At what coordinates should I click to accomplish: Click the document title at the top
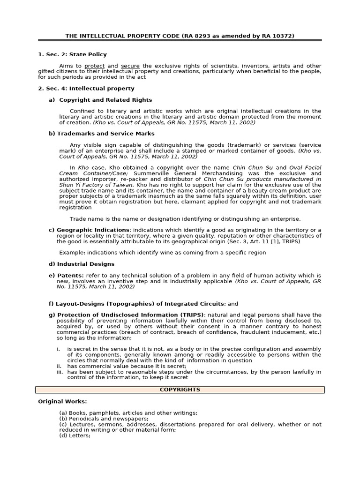(x=180, y=36)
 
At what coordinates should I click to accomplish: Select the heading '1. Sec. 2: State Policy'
(x=72, y=54)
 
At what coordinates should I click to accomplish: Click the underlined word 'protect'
(x=95, y=66)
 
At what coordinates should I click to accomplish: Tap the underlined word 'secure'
(x=130, y=66)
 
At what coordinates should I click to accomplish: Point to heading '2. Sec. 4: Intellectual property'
(x=86, y=88)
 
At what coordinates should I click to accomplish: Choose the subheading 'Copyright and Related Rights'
(x=105, y=99)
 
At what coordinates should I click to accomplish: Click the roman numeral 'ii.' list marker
(x=60, y=366)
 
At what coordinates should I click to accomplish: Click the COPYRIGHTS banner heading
(x=180, y=390)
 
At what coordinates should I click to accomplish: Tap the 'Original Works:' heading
(x=62, y=401)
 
